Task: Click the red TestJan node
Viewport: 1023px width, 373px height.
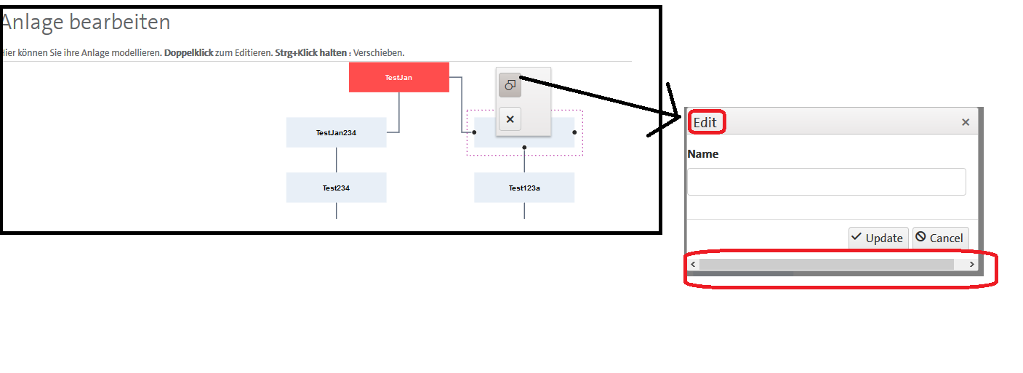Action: pyautogui.click(x=398, y=77)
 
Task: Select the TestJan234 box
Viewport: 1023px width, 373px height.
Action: pyautogui.click(x=336, y=132)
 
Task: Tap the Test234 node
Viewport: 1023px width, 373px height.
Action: pyautogui.click(x=336, y=188)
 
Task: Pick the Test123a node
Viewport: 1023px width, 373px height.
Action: pyautogui.click(x=523, y=188)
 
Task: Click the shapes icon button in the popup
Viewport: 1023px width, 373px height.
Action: pyautogui.click(x=510, y=86)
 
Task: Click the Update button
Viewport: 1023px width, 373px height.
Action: pyautogui.click(x=878, y=238)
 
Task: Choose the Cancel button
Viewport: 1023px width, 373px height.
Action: pyautogui.click(x=940, y=238)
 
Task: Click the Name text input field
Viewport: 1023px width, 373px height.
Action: pyautogui.click(x=826, y=182)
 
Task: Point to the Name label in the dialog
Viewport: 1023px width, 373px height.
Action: pyautogui.click(x=702, y=154)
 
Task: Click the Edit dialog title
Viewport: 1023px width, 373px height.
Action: pyautogui.click(x=705, y=122)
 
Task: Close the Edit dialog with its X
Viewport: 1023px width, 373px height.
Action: pyautogui.click(x=966, y=122)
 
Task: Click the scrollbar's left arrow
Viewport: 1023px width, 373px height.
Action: pyautogui.click(x=694, y=265)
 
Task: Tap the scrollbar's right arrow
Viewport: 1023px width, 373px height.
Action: pyautogui.click(x=971, y=265)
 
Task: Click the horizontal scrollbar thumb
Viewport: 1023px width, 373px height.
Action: pyautogui.click(x=826, y=265)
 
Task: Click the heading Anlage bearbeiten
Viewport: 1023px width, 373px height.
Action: pyautogui.click(x=86, y=23)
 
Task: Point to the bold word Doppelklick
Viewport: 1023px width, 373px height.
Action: pyautogui.click(x=188, y=53)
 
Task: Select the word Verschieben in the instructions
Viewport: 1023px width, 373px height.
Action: pyautogui.click(x=378, y=53)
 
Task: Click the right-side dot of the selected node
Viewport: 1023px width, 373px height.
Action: pyautogui.click(x=574, y=132)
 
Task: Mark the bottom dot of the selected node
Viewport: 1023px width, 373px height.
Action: pyautogui.click(x=524, y=148)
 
